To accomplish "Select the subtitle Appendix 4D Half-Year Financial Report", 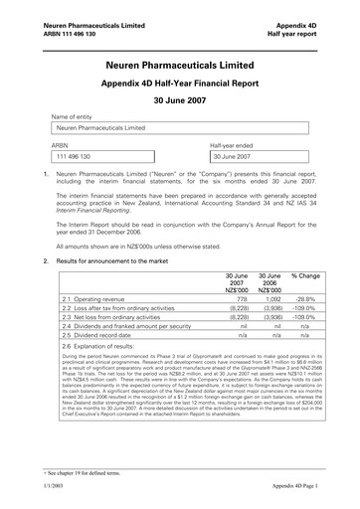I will click(179, 85).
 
